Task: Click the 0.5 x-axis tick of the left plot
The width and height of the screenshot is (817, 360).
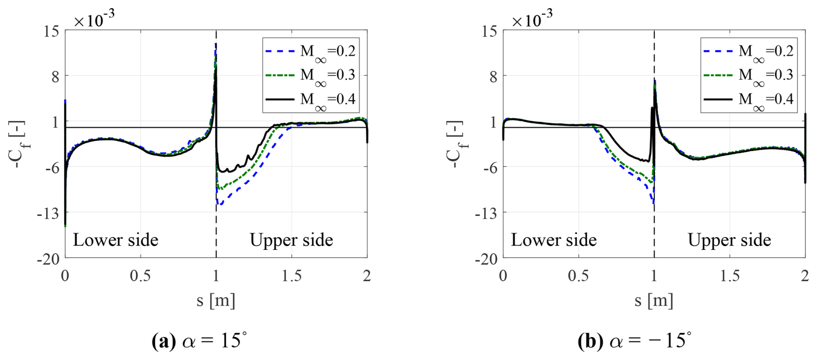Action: click(x=140, y=276)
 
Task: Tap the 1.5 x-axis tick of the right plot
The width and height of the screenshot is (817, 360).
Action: click(x=730, y=276)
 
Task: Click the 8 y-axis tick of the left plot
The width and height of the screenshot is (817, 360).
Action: click(x=55, y=77)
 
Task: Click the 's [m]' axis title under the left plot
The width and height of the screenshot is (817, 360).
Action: click(x=216, y=300)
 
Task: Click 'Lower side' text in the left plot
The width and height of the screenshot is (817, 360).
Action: click(x=115, y=240)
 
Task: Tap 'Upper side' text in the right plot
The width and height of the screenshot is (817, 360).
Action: click(x=729, y=240)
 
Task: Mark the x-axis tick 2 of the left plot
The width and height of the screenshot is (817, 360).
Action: click(x=367, y=276)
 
